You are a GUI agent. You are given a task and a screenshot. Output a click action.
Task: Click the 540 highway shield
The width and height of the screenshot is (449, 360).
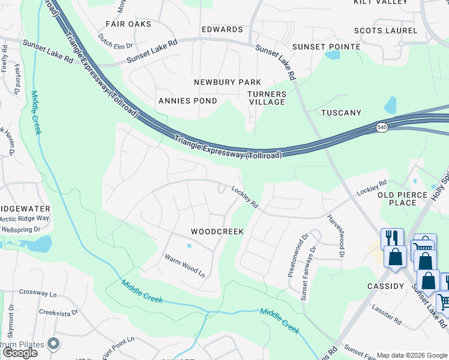point(382,127)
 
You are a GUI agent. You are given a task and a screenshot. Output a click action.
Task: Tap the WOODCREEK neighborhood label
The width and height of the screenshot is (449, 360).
point(217,231)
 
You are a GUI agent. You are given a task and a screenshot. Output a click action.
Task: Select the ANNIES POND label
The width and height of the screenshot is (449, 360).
point(187,101)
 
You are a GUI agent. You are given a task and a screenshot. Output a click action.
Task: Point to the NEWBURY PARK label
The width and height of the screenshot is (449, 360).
point(228,82)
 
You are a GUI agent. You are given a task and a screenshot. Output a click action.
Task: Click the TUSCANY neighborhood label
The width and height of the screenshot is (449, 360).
point(341,113)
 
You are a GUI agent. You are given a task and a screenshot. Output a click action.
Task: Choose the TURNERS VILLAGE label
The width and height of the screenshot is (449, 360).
point(267,98)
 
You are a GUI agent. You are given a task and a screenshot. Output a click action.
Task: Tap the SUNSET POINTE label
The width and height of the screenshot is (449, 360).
point(326,47)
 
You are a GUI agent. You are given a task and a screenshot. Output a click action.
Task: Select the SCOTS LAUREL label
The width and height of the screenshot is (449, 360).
point(385,31)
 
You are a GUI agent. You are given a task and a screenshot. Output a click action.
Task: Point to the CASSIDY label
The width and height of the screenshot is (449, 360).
point(385,286)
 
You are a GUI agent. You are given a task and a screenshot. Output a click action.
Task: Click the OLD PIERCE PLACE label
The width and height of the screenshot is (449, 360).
point(402,199)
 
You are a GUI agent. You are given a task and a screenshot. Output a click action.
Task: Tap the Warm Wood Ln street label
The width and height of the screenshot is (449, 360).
point(185,265)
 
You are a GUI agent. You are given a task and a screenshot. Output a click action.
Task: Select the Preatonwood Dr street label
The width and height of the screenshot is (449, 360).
point(293,254)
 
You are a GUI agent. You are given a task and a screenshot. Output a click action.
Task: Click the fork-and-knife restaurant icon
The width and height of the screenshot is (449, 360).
point(392,238)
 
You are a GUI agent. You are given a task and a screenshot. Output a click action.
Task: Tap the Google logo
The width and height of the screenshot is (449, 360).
point(20,353)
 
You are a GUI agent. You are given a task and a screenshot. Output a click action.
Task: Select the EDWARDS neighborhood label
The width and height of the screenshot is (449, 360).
point(222,29)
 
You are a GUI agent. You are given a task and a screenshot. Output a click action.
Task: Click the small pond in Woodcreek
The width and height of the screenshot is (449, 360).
point(189,245)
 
